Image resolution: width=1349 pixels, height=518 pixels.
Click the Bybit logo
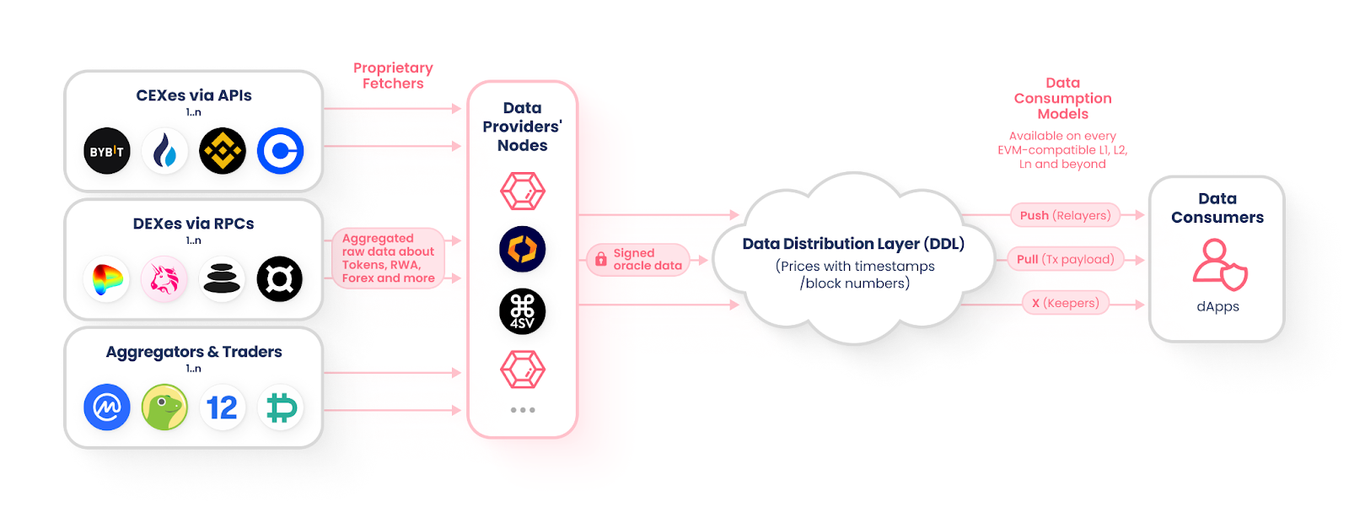click(x=107, y=151)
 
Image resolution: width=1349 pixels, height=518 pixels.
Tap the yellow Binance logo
click(x=222, y=151)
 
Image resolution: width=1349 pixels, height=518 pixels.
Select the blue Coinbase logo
click(x=280, y=151)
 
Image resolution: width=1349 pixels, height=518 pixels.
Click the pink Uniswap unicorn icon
click(x=164, y=279)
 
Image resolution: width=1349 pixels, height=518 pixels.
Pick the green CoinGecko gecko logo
click(x=164, y=407)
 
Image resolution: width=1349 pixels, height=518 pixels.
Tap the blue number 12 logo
click(x=222, y=407)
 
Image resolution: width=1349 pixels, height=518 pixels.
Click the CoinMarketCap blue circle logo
click(x=107, y=407)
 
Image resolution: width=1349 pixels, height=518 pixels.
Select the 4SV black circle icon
click(x=522, y=311)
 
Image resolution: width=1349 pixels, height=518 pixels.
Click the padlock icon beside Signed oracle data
click(x=600, y=260)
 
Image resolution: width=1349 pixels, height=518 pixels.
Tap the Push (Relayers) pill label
click(x=1065, y=215)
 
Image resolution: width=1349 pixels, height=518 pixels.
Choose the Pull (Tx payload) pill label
click(x=1066, y=259)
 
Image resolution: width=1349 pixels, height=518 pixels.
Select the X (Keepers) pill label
click(x=1066, y=303)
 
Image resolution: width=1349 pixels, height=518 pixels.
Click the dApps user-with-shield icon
click(x=1218, y=264)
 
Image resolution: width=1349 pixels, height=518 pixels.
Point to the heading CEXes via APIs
click(x=194, y=95)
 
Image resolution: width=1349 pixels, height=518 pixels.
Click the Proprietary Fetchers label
click(x=393, y=75)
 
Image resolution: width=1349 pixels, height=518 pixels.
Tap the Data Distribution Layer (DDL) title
click(x=853, y=244)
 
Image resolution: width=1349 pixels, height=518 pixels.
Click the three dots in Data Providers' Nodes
click(x=522, y=410)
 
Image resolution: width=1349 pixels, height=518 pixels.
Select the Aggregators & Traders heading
click(x=194, y=352)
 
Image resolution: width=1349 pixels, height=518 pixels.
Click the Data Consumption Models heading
click(x=1062, y=98)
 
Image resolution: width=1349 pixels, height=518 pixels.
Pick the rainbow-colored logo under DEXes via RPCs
click(x=107, y=279)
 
